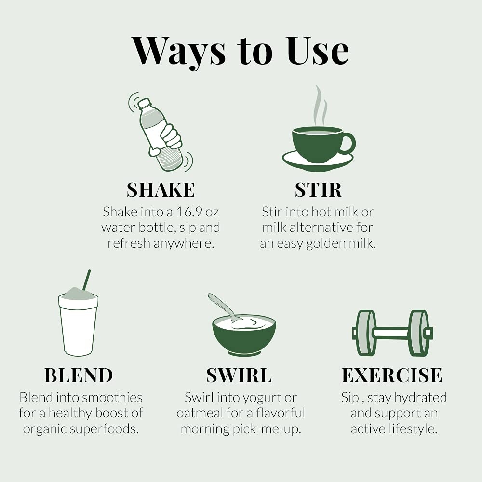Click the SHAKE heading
click(x=161, y=189)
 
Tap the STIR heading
click(x=318, y=189)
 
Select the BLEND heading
click(x=79, y=375)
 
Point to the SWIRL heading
click(x=239, y=375)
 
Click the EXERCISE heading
click(x=392, y=375)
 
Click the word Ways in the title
click(x=178, y=52)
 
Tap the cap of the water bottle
click(x=144, y=104)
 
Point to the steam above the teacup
click(x=320, y=106)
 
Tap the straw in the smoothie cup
click(x=87, y=280)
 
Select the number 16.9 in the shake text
click(x=189, y=212)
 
